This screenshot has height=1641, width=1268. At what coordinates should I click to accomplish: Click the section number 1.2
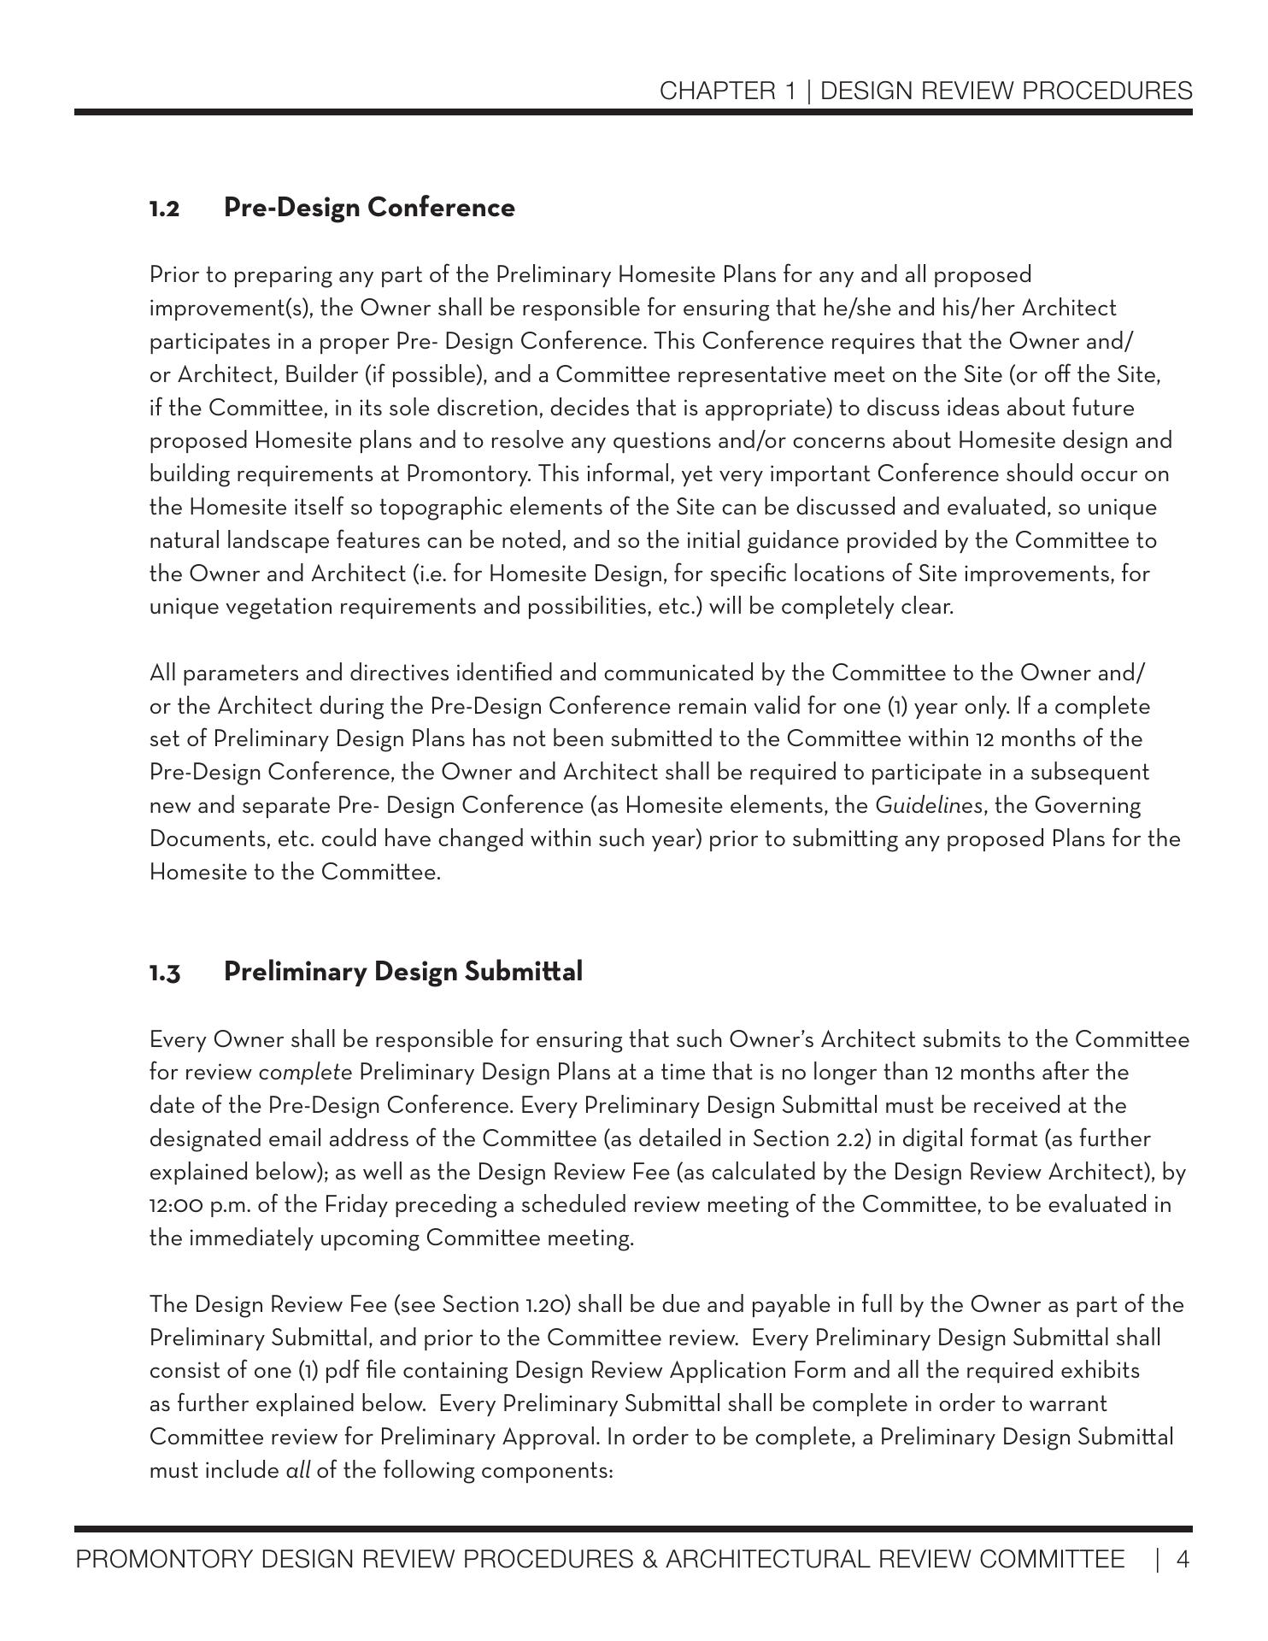click(164, 209)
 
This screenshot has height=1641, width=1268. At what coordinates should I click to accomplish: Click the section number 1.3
click(165, 973)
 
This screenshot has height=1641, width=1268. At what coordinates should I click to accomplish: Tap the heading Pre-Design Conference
click(369, 208)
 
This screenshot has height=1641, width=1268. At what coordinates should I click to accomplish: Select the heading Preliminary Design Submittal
click(403, 972)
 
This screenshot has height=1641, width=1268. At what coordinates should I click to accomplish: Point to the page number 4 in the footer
click(1183, 1561)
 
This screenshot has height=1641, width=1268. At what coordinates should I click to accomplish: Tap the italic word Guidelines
click(929, 806)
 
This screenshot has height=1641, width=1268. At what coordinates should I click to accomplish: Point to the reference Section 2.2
click(805, 1139)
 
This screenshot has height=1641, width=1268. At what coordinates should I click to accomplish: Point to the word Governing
click(1086, 806)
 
